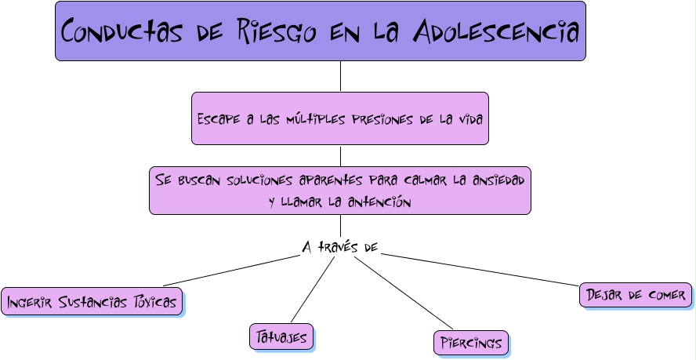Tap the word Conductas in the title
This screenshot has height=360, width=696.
click(x=117, y=32)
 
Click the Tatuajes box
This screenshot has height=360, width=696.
click(x=281, y=336)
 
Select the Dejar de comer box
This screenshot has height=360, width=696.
click(x=636, y=295)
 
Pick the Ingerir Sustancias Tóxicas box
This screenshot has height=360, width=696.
click(x=92, y=301)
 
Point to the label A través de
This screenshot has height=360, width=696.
click(x=340, y=247)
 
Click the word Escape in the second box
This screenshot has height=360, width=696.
click(x=217, y=119)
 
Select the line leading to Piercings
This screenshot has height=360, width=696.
click(x=404, y=293)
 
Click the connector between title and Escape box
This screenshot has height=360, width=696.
click(x=340, y=76)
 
